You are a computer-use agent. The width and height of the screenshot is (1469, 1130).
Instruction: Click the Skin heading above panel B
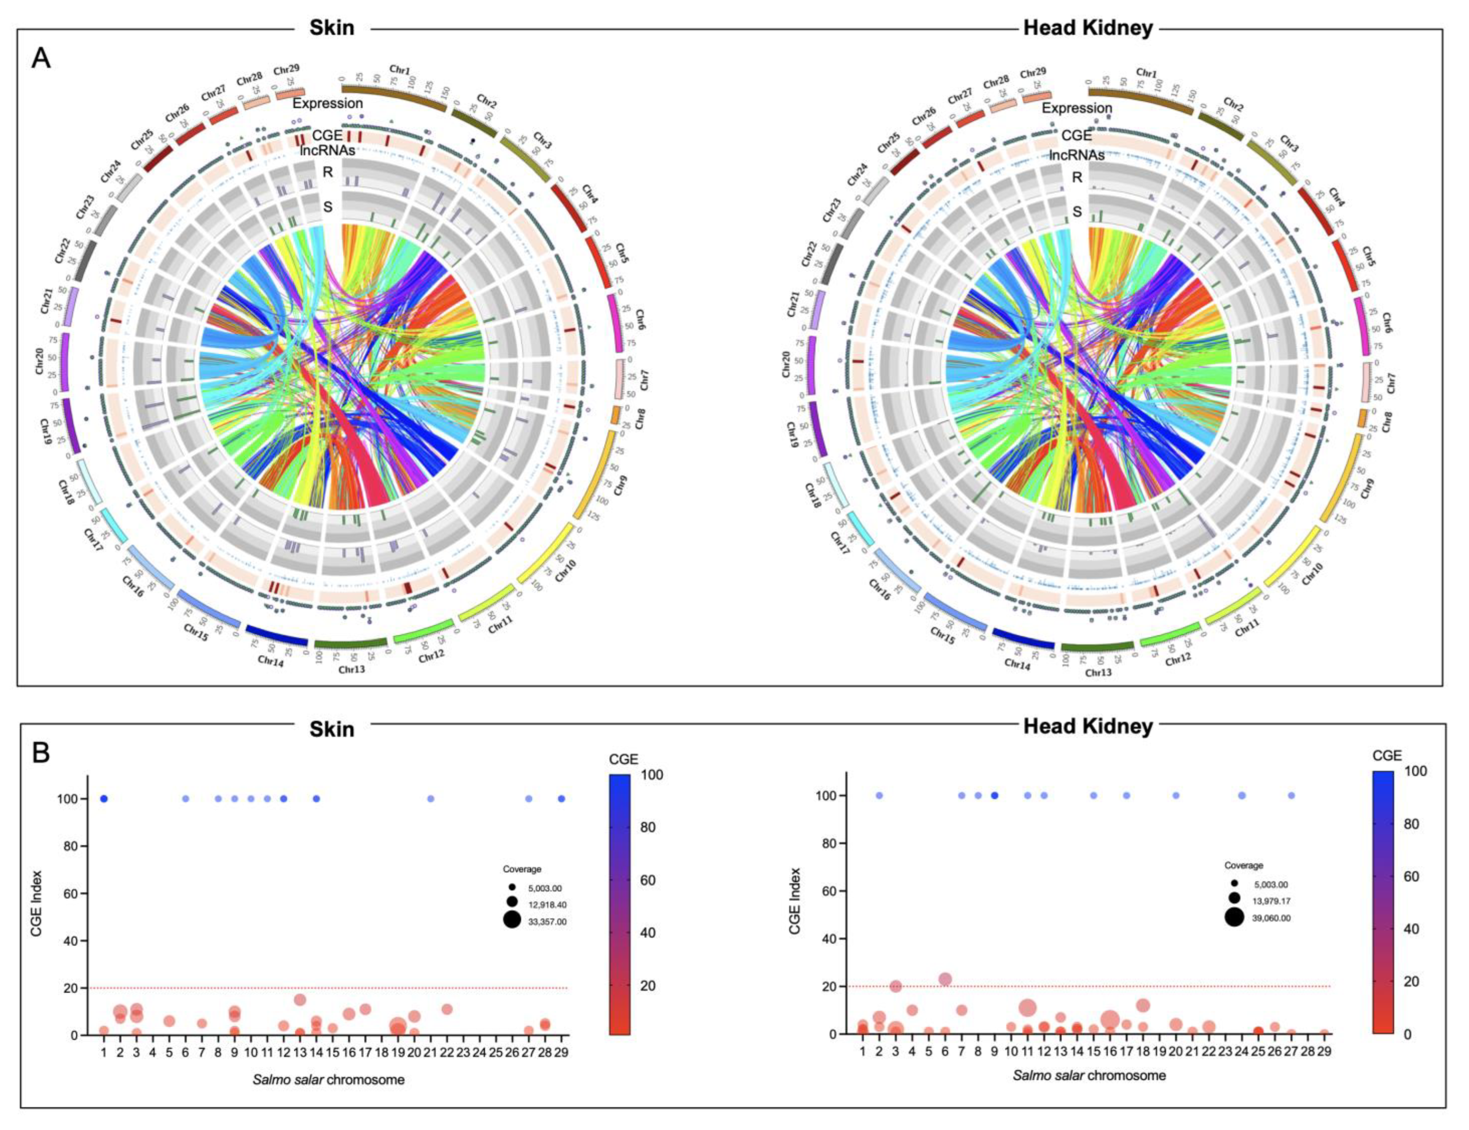[x=332, y=729]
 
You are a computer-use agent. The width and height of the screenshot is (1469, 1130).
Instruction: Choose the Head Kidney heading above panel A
[x=1088, y=28]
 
